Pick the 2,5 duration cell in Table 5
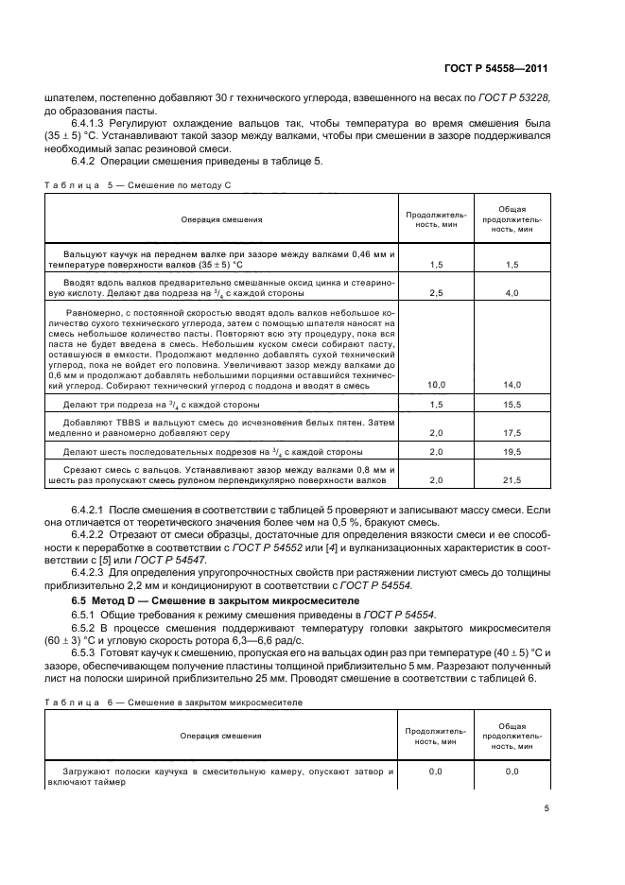tap(436, 294)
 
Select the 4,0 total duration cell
tap(512, 294)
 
